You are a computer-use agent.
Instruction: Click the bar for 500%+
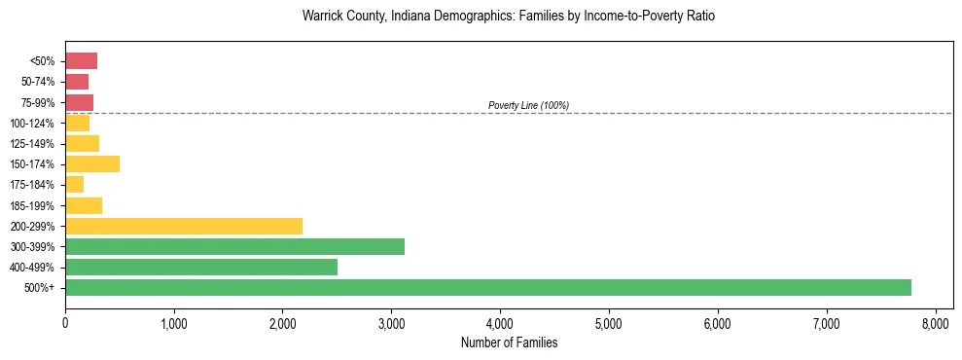[488, 287]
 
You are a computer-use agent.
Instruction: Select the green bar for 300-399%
[234, 246]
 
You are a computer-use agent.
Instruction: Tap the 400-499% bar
[201, 267]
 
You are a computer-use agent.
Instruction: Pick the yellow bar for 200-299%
[184, 226]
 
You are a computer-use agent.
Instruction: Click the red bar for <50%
[81, 61]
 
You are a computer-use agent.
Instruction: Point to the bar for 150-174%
[92, 163]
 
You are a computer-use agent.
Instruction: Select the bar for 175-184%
[75, 184]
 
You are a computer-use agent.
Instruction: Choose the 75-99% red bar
[79, 102]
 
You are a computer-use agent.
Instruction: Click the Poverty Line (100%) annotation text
[528, 105]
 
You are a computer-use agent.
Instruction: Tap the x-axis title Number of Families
[509, 342]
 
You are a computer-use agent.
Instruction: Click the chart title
[509, 17]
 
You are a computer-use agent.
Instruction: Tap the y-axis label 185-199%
[33, 205]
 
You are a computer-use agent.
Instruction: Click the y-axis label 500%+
[41, 288]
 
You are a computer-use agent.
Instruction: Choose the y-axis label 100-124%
[33, 124]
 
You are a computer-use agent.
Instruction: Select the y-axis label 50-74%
[37, 82]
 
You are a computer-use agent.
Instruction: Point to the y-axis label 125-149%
[33, 144]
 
